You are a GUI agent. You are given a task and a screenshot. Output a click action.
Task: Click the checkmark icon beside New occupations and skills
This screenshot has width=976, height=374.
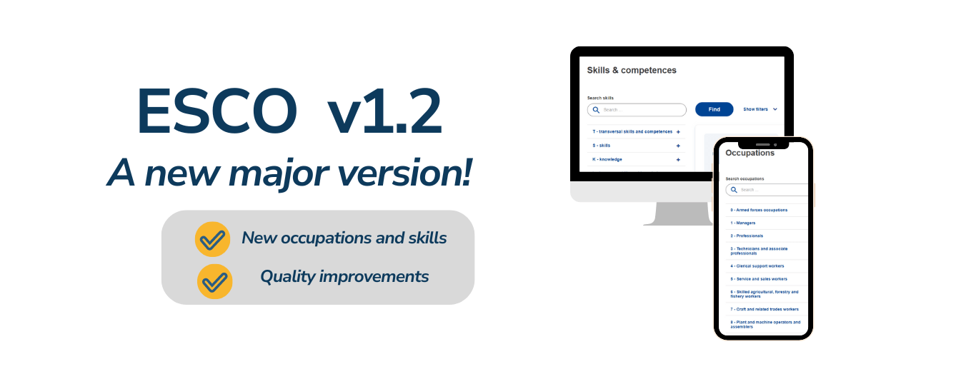[x=212, y=239]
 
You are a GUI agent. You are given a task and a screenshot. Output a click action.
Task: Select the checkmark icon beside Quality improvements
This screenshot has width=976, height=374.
[x=214, y=281]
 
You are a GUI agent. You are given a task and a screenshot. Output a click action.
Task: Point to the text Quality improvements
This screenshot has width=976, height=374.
[x=344, y=276]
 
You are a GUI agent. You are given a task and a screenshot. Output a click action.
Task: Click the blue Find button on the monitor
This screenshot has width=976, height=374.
[x=714, y=109]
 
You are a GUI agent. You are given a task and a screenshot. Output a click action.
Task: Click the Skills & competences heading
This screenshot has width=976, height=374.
[x=632, y=70]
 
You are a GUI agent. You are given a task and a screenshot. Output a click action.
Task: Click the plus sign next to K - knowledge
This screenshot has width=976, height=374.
[x=678, y=159]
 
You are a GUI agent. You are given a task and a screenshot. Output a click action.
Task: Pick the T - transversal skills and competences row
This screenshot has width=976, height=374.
[x=632, y=131]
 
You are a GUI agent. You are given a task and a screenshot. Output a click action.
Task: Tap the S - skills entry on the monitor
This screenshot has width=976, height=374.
[x=602, y=145]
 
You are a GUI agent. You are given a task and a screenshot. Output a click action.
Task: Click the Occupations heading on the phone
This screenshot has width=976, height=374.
[x=750, y=153]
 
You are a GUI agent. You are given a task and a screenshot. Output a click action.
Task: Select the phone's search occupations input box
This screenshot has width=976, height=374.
[x=768, y=190]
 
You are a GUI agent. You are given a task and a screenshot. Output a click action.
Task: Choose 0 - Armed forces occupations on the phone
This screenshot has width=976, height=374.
[x=759, y=210]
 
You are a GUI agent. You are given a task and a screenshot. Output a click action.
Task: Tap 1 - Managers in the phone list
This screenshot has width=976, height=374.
[x=742, y=223]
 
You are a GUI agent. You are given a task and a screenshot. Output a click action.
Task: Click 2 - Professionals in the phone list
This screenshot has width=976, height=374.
[x=747, y=236]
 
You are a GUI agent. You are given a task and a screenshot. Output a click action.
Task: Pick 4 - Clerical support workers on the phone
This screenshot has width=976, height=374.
[x=757, y=266]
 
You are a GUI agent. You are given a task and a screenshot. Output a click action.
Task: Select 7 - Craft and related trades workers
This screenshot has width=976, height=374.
[x=764, y=309]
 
